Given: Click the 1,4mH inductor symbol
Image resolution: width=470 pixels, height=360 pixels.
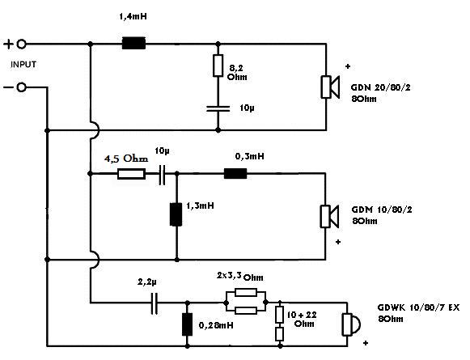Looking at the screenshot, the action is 133,44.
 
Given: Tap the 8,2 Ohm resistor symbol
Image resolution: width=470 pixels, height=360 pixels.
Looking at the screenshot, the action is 218,66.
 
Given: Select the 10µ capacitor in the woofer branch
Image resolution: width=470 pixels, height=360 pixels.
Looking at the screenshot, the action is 218,108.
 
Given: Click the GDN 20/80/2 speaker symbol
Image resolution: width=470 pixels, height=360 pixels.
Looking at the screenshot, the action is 330,87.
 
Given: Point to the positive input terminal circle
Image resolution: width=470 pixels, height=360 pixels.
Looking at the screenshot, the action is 21,44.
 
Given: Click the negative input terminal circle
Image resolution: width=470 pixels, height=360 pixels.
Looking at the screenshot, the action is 21,87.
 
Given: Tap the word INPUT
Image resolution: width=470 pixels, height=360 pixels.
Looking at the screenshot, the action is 23,65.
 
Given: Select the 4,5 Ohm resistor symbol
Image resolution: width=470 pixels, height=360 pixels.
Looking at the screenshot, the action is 131,174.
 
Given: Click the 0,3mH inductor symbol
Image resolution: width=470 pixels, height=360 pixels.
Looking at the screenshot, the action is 235,174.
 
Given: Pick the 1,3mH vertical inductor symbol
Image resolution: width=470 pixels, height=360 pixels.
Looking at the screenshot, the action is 176,214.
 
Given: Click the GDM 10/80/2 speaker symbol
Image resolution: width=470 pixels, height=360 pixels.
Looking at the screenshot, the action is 330,217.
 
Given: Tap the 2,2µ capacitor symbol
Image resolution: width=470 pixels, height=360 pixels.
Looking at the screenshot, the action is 155,303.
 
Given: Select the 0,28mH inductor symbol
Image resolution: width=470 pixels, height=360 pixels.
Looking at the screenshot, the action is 188,324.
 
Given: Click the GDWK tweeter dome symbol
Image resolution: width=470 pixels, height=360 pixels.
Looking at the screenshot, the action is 352,324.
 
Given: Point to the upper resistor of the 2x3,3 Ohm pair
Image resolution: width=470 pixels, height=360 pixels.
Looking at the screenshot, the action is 246,292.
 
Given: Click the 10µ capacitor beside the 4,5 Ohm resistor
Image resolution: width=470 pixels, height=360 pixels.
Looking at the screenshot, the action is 162,175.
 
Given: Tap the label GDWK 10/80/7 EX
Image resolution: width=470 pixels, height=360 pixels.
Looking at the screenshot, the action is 418,307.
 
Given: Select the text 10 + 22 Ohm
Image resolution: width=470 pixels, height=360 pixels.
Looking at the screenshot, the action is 302,319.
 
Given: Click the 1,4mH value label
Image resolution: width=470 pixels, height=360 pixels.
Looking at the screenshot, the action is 133,16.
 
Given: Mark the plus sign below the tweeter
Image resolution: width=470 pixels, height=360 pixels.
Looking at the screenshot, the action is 366,343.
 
